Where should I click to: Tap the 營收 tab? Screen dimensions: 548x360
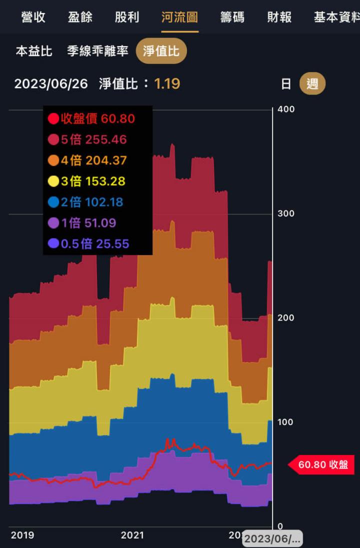pyautogui.click(x=33, y=17)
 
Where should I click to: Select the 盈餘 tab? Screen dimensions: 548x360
pyautogui.click(x=80, y=17)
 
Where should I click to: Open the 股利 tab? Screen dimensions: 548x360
pyautogui.click(x=127, y=17)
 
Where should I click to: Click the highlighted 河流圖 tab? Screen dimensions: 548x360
pyautogui.click(x=179, y=17)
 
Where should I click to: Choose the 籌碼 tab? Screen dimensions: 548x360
pyautogui.click(x=232, y=17)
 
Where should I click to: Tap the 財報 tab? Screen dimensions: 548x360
pyautogui.click(x=279, y=17)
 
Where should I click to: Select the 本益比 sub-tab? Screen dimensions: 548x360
pyautogui.click(x=34, y=51)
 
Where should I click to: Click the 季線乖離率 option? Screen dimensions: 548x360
pyautogui.click(x=98, y=51)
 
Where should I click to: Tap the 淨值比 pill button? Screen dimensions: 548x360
pyautogui.click(x=161, y=51)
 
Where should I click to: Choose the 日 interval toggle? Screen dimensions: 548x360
pyautogui.click(x=286, y=83)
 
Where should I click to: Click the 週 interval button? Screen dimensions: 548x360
pyautogui.click(x=312, y=83)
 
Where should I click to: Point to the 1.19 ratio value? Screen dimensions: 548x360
pyautogui.click(x=167, y=83)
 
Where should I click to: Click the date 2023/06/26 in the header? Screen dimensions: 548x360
pyautogui.click(x=51, y=83)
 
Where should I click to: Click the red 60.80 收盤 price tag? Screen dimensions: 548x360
pyautogui.click(x=322, y=464)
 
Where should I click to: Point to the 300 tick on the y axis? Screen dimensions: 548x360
pyautogui.click(x=286, y=213)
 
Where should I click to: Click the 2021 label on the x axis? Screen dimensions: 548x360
pyautogui.click(x=132, y=535)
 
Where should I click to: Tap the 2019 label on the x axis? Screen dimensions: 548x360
pyautogui.click(x=22, y=535)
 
